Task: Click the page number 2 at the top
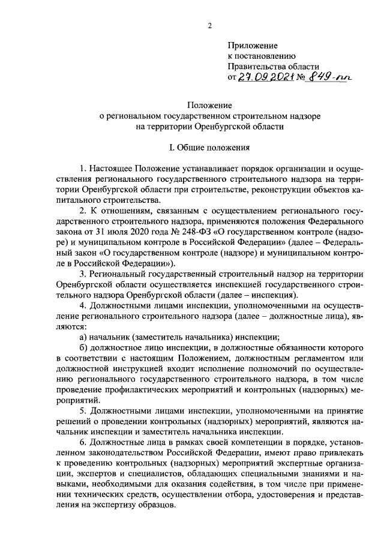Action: click(x=210, y=25)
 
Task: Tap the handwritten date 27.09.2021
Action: click(x=264, y=77)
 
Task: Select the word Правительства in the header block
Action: click(x=259, y=66)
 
